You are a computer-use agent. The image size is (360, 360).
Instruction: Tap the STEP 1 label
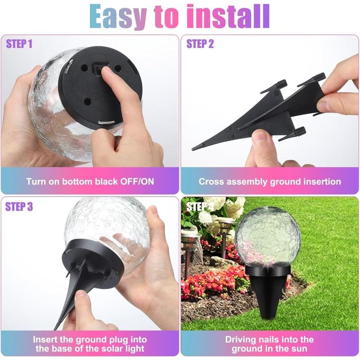(x=19, y=44)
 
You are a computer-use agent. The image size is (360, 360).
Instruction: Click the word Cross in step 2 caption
(x=211, y=182)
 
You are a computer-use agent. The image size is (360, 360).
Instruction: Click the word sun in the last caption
(x=300, y=349)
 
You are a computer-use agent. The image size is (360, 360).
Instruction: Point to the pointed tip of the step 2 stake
(x=195, y=148)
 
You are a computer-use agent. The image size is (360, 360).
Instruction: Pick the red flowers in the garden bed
(x=211, y=283)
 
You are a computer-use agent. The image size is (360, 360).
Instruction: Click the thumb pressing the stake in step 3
(x=83, y=299)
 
